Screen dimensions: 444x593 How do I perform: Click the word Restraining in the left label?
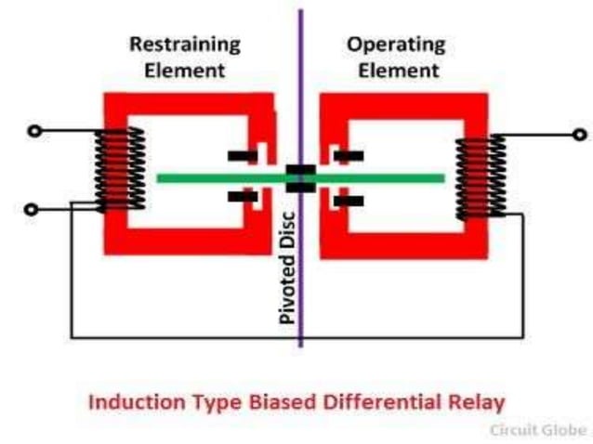tap(184, 44)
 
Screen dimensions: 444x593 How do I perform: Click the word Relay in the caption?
tap(477, 402)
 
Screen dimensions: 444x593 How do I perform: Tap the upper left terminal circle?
tap(34, 131)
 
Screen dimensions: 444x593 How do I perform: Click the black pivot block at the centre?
tap(300, 177)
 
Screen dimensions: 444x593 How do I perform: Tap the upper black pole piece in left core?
tap(242, 155)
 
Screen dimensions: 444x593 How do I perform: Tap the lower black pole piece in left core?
tap(243, 196)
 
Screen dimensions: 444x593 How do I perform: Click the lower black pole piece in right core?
tap(349, 200)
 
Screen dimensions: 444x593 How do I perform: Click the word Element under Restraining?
tap(184, 69)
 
